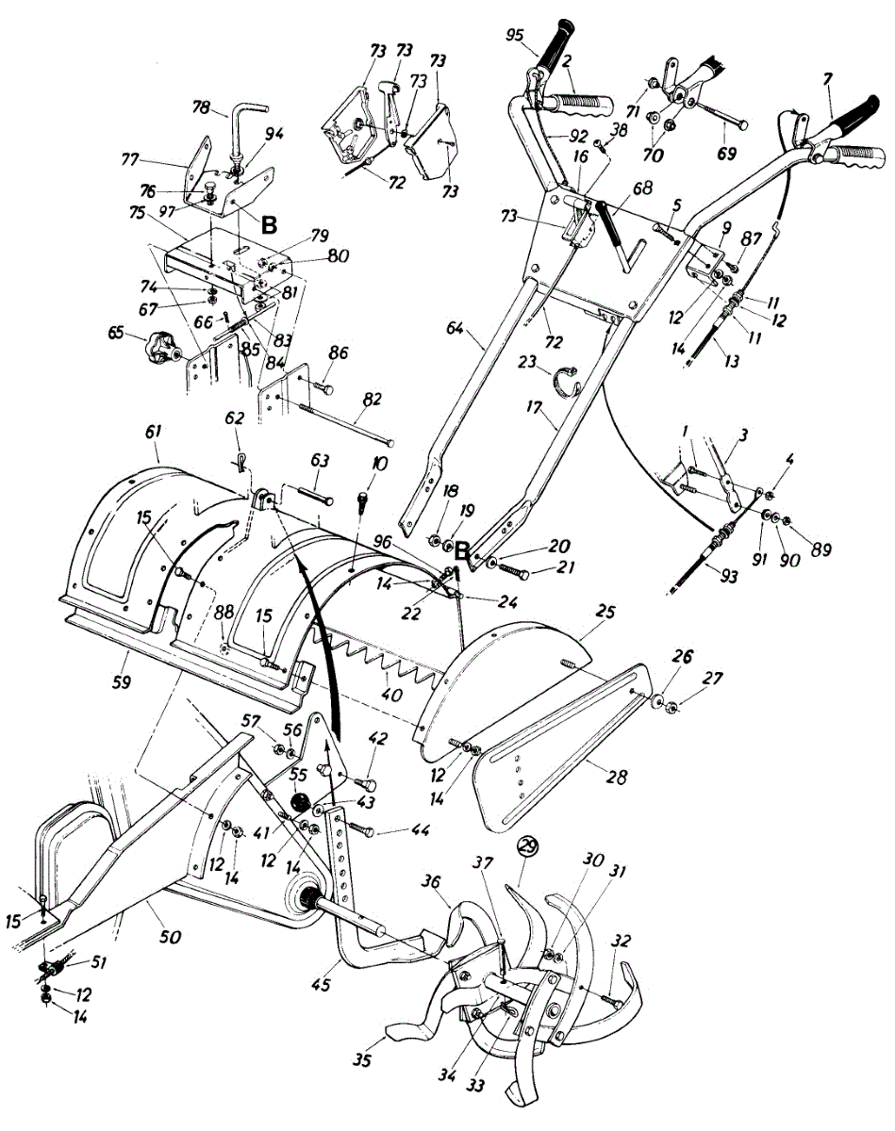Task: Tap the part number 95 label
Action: click(x=515, y=35)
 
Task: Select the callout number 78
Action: click(x=202, y=107)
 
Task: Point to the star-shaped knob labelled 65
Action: click(x=162, y=348)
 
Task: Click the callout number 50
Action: click(x=170, y=936)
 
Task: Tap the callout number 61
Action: click(x=153, y=433)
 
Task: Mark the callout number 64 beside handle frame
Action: click(x=456, y=329)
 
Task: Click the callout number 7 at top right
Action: click(x=827, y=80)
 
